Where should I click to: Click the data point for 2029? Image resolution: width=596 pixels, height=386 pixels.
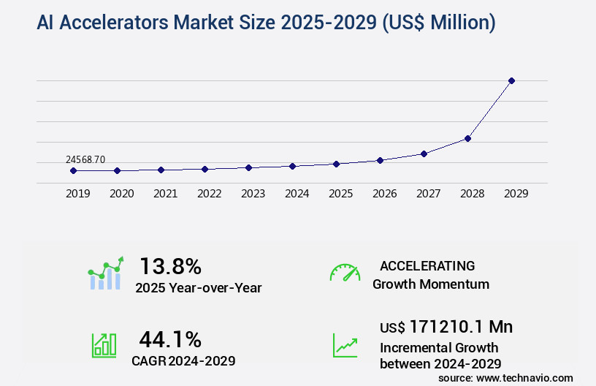coord(511,80)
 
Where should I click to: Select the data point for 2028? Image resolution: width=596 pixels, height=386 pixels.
coord(467,138)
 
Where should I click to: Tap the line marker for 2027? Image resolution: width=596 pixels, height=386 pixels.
coord(424,154)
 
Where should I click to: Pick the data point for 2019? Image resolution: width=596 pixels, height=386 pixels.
coord(73,170)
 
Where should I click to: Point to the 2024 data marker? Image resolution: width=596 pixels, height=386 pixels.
coord(292,166)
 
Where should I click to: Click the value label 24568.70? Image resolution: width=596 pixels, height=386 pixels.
coord(85,159)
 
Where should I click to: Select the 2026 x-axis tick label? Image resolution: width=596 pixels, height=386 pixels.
coord(384,194)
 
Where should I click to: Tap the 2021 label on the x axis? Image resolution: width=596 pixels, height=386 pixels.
coord(165,194)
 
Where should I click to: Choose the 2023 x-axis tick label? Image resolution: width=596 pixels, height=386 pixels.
coord(253,194)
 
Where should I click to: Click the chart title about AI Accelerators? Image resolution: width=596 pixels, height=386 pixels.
coord(266,23)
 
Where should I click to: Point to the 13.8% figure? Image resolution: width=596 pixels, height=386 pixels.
coord(170,265)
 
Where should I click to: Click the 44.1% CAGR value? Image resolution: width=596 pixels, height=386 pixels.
coord(170,338)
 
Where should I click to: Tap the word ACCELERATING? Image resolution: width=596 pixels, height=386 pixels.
coord(427,265)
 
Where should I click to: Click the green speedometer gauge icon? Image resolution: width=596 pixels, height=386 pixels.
coord(345,273)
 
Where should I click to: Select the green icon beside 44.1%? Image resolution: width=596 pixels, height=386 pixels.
coord(104,345)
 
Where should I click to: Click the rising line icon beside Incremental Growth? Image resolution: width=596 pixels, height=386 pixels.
coord(345,345)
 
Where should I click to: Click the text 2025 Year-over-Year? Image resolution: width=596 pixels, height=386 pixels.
coord(198,287)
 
